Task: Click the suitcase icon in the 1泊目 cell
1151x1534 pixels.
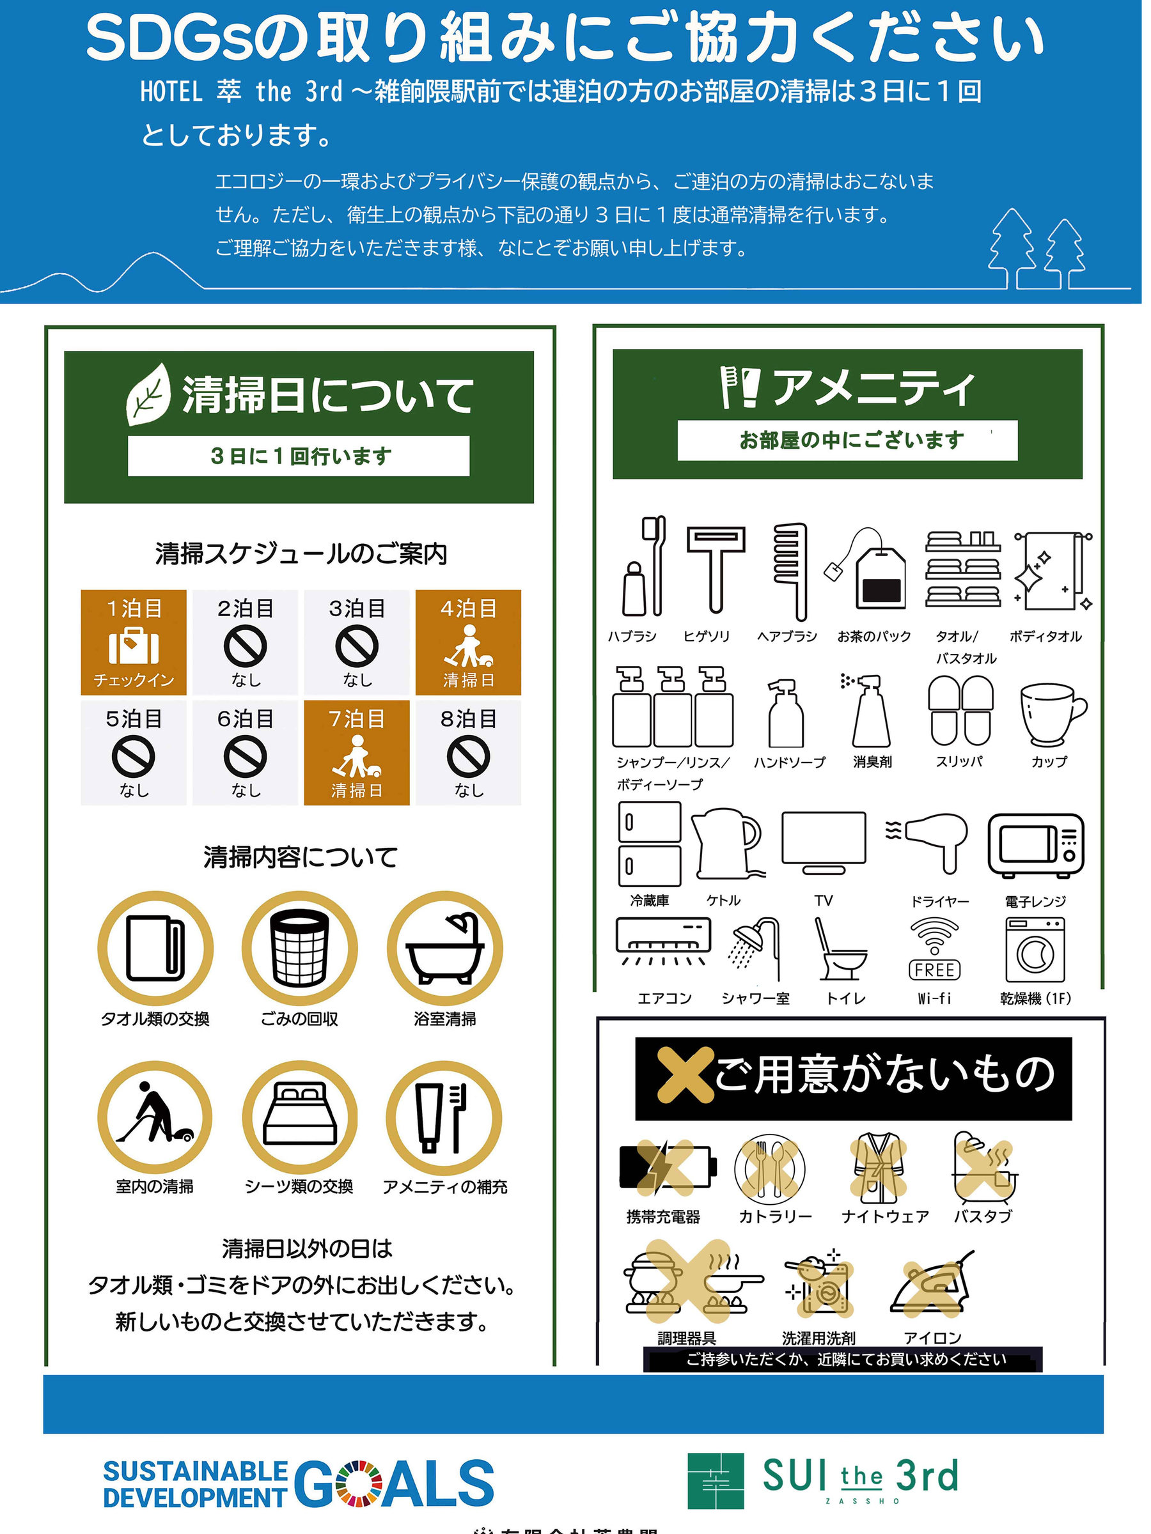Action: [x=134, y=646]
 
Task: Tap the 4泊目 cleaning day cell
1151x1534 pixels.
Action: [x=468, y=642]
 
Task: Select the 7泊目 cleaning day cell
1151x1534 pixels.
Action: [x=357, y=752]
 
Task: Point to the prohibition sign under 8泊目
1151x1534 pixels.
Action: [x=468, y=757]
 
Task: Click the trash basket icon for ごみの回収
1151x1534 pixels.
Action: [x=300, y=949]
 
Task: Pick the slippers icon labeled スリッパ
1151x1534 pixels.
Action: [x=960, y=709]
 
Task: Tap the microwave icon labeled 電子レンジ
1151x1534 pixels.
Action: [x=1036, y=846]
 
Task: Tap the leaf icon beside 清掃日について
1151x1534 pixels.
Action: [x=148, y=394]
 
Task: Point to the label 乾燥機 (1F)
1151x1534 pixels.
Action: [x=1035, y=998]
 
